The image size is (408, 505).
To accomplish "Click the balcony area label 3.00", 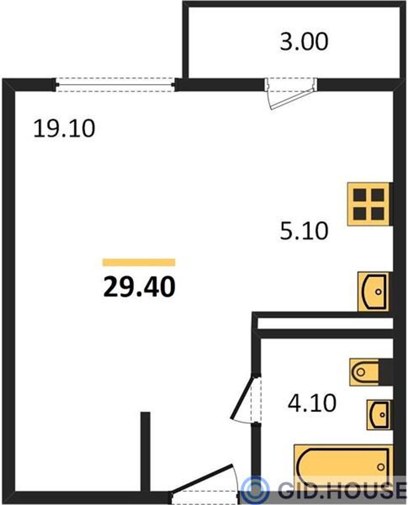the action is click(304, 42).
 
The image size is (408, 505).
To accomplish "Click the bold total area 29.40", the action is click(139, 287).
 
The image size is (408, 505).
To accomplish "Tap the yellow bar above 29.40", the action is click(139, 263).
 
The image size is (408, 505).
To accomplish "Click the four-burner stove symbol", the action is click(368, 204).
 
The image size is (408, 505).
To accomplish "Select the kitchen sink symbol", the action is click(373, 291).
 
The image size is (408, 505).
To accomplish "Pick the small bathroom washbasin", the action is click(378, 415).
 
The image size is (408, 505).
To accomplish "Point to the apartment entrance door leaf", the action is click(201, 478).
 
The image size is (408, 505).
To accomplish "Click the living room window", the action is click(115, 85).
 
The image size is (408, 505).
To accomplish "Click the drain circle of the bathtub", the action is click(381, 467).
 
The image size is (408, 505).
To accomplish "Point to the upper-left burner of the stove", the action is click(360, 195).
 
